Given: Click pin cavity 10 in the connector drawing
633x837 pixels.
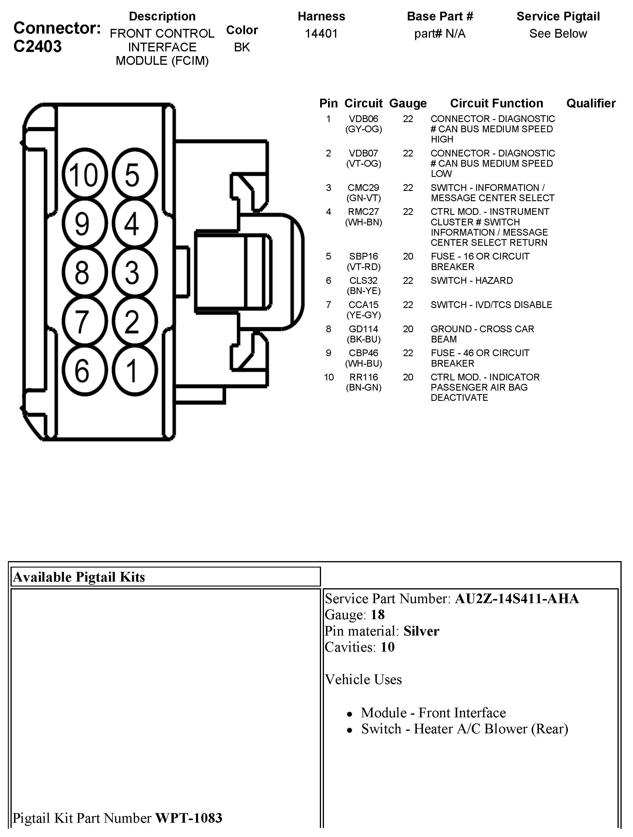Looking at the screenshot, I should (84, 175).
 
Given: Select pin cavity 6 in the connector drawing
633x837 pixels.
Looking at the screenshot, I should (84, 371).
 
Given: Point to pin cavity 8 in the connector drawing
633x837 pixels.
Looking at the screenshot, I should (84, 272).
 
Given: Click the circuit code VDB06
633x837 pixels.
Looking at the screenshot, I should (363, 119).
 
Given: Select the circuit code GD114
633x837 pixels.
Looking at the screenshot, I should (363, 329).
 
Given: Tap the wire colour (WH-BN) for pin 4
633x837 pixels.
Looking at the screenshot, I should (363, 222).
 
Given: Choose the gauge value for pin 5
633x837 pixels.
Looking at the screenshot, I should (408, 257).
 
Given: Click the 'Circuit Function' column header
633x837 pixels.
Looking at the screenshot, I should (496, 103).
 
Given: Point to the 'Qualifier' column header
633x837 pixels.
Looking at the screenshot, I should (591, 103).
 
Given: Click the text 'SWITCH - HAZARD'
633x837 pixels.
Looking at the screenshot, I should (472, 280).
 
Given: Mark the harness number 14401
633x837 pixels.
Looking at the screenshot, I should (321, 34).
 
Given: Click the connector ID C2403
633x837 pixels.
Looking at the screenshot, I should (37, 46).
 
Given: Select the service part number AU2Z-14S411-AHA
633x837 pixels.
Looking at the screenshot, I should (517, 598).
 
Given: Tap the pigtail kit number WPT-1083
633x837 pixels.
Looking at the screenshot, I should (188, 818).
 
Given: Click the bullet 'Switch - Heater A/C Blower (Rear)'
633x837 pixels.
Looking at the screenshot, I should (464, 729).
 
